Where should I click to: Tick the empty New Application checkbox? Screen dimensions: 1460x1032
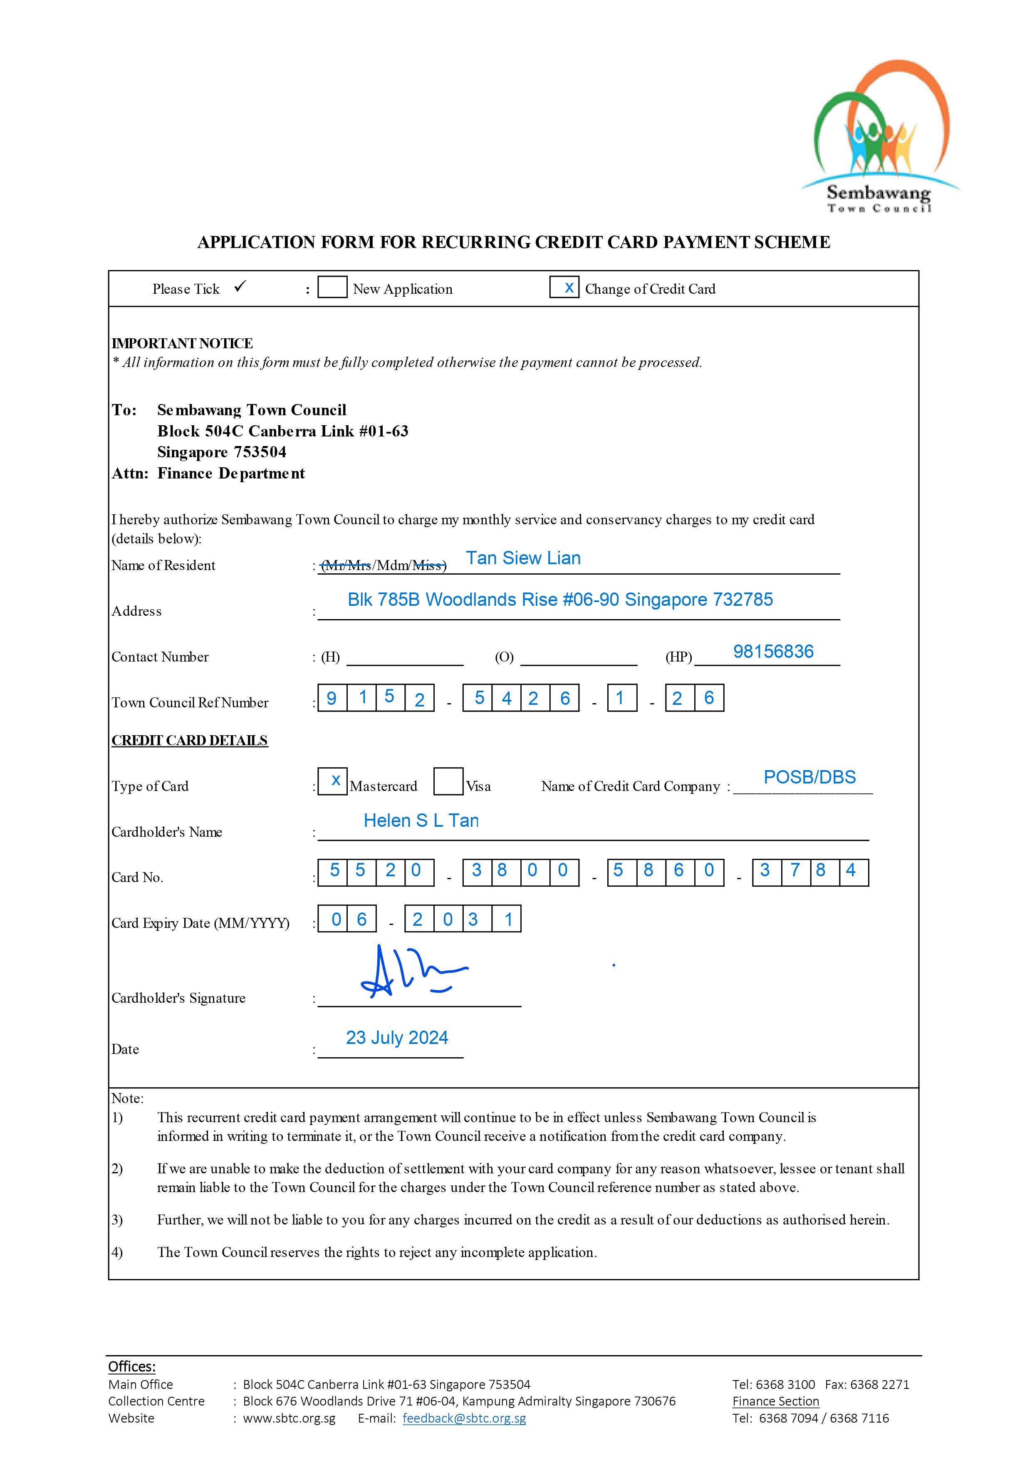click(332, 288)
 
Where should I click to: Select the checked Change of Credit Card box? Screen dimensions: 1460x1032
click(564, 288)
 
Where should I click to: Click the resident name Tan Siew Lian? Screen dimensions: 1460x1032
click(523, 558)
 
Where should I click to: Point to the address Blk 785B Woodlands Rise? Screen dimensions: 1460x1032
click(559, 600)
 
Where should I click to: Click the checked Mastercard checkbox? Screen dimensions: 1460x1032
click(332, 781)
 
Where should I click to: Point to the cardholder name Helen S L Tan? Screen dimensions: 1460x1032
click(421, 821)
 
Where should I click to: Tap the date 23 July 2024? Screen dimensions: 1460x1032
click(397, 1038)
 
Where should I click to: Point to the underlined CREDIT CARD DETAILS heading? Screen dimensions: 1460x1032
click(190, 740)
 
